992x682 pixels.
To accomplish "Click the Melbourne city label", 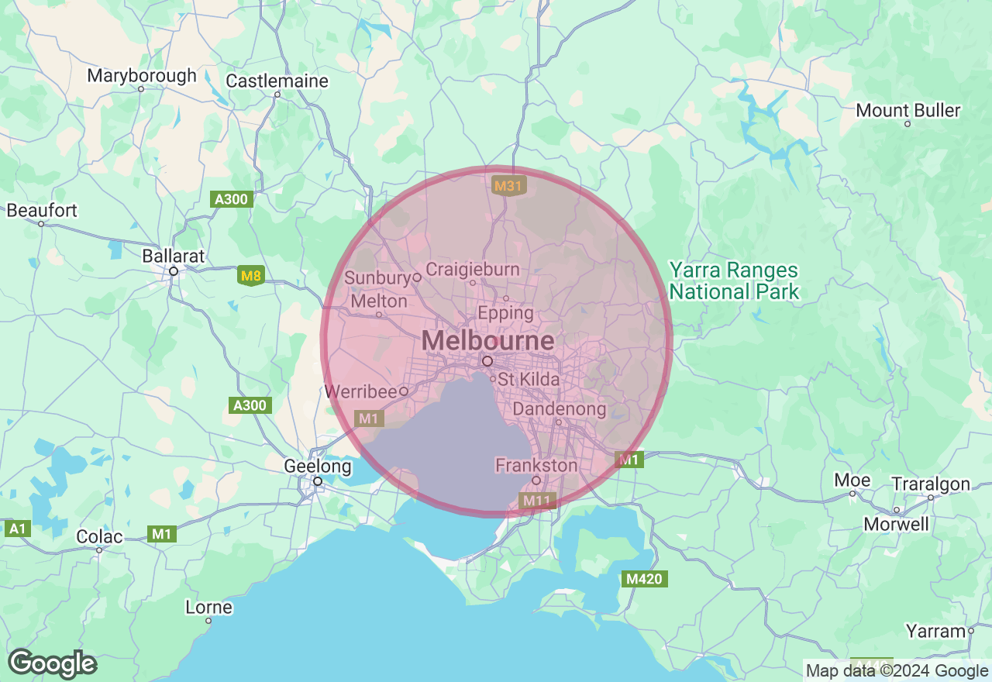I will pyautogui.click(x=488, y=341).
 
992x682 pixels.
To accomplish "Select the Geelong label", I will pyautogui.click(x=318, y=467).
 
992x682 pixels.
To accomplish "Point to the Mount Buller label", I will pyautogui.click(x=908, y=110).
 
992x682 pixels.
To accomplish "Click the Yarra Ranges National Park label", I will pyautogui.click(x=733, y=281).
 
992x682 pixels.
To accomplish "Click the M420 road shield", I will pyautogui.click(x=645, y=579).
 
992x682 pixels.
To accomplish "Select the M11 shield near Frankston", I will pyautogui.click(x=536, y=501).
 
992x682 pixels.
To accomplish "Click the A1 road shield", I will pyautogui.click(x=17, y=529).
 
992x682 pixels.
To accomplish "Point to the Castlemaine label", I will pyautogui.click(x=277, y=81).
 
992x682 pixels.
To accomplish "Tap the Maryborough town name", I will pyautogui.click(x=142, y=76).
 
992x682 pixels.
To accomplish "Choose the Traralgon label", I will pyautogui.click(x=931, y=484).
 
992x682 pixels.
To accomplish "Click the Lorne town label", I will pyautogui.click(x=208, y=607).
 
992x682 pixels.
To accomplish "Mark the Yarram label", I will pyautogui.click(x=935, y=632).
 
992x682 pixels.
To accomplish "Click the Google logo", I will pyautogui.click(x=52, y=664).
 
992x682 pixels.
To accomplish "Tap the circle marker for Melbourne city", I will pyautogui.click(x=487, y=361).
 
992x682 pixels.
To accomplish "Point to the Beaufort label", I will pyautogui.click(x=42, y=211).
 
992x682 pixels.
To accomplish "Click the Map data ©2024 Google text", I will pyautogui.click(x=897, y=671).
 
